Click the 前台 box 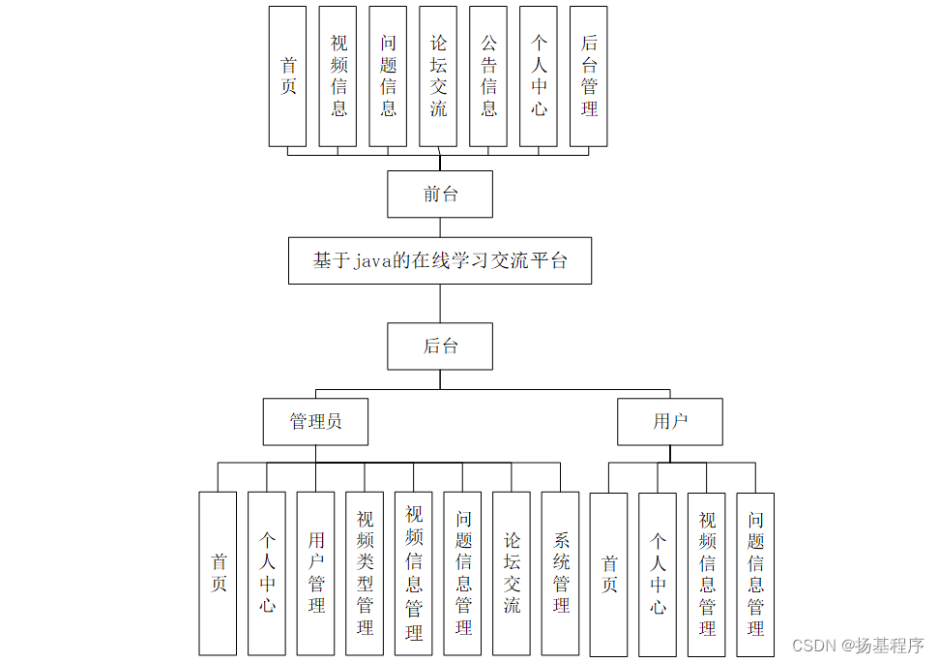[x=440, y=195]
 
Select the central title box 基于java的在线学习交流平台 [x=440, y=260]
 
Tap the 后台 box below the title [x=440, y=347]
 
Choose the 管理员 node [x=315, y=421]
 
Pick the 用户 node [x=669, y=421]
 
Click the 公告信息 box [x=488, y=76]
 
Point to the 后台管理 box [x=589, y=76]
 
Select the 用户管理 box [x=316, y=573]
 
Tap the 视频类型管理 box [x=365, y=573]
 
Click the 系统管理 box [x=561, y=573]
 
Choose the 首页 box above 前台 [x=287, y=76]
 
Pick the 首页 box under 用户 [x=609, y=573]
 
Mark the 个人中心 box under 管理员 [x=267, y=573]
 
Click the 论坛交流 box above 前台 [x=438, y=76]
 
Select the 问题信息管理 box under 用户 [x=755, y=573]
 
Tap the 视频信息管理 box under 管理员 [x=414, y=573]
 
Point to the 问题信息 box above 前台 [x=388, y=76]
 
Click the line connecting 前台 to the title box [x=440, y=227]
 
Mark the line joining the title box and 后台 [x=440, y=303]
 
